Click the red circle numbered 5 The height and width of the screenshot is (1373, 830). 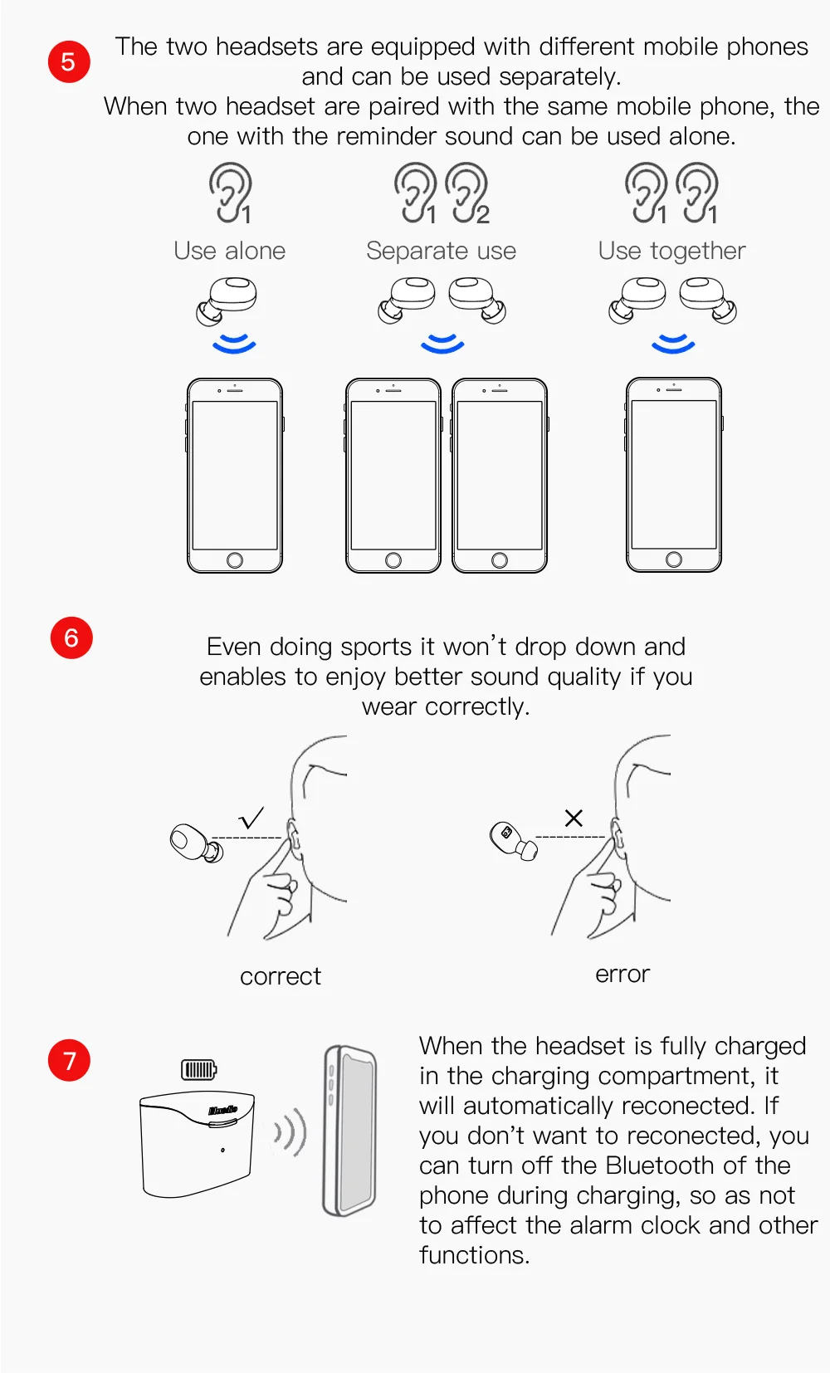69,61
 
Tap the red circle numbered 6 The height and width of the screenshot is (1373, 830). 71,638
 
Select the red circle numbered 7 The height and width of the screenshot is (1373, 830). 69,1060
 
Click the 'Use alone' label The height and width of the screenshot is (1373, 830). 229,251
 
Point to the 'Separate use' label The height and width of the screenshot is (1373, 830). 441,251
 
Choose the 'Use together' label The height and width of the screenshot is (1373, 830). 671,251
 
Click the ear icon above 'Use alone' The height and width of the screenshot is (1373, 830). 230,193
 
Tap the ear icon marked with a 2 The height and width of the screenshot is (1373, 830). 467,193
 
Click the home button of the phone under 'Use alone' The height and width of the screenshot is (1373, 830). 235,559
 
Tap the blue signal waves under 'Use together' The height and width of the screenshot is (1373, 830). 673,344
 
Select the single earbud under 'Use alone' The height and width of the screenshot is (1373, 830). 227,300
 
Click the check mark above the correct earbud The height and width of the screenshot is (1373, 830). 251,817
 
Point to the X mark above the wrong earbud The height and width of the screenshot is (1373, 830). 574,818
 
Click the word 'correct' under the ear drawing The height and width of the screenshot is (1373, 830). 281,976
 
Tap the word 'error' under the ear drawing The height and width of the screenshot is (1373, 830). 622,974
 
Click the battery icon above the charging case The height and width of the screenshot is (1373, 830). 198,1069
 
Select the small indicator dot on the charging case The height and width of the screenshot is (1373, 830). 222,1150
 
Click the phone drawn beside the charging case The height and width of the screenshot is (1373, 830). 349,1131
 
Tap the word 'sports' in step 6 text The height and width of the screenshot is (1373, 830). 376,647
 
